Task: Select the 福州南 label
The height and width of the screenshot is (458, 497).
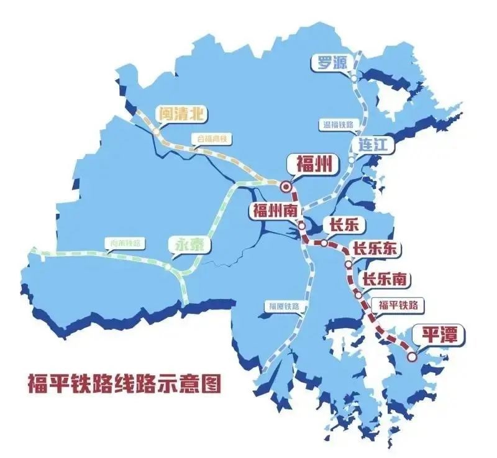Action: tap(273, 210)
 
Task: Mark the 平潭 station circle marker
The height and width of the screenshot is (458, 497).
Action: tap(412, 356)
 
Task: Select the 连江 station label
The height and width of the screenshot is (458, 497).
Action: tap(373, 145)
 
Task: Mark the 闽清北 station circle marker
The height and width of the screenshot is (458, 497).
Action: tap(156, 132)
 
